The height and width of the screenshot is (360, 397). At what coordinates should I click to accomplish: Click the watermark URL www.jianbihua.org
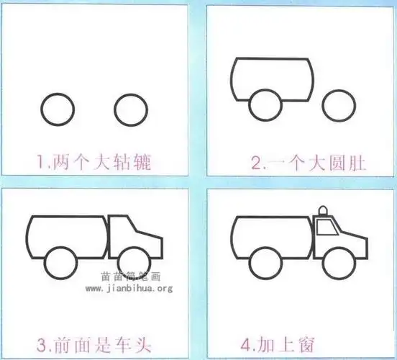point(129,288)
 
